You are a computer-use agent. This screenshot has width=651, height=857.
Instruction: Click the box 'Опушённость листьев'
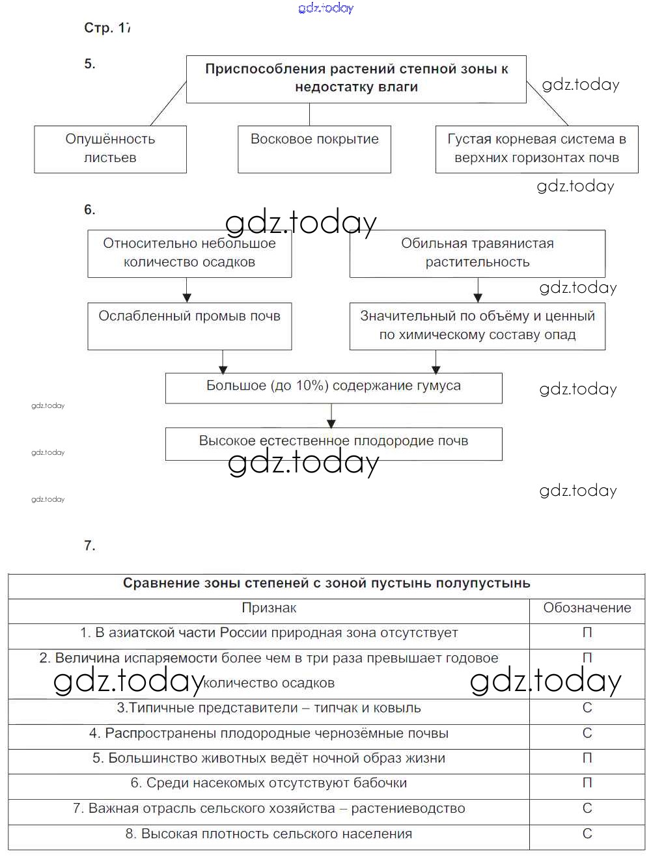tap(110, 149)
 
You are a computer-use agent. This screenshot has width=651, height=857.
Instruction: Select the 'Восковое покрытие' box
tap(314, 149)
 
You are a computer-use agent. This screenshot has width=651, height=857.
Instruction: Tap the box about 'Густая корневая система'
tap(536, 149)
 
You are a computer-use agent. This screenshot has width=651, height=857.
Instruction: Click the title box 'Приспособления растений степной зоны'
tap(356, 79)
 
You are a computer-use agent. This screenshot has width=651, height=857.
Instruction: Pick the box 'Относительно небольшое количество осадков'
tap(189, 253)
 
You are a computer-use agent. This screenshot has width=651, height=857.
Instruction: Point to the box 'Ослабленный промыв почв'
tap(189, 325)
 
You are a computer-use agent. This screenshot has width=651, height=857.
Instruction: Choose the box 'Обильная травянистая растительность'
tap(477, 253)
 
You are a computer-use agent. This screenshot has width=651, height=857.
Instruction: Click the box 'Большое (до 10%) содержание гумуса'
tap(333, 387)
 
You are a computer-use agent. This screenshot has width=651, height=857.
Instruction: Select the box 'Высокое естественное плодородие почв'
tap(333, 442)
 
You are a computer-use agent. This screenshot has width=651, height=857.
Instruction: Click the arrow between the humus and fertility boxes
tap(332, 415)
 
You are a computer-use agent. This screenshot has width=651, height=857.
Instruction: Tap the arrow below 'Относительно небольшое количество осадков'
tap(187, 290)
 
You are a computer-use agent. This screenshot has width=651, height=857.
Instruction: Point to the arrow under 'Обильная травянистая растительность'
tap(478, 290)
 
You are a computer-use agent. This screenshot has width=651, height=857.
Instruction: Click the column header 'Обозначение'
tap(587, 608)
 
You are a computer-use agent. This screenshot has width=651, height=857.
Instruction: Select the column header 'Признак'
tap(269, 608)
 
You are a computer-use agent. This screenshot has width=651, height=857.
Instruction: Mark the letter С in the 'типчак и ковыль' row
tap(587, 708)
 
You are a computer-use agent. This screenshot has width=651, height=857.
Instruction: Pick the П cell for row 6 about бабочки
tap(587, 783)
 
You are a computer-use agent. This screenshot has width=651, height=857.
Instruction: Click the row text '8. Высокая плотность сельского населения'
tap(269, 834)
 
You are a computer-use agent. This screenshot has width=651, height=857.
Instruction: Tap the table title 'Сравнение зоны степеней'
tap(327, 584)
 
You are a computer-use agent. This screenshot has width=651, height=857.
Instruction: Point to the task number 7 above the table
tap(90, 545)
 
